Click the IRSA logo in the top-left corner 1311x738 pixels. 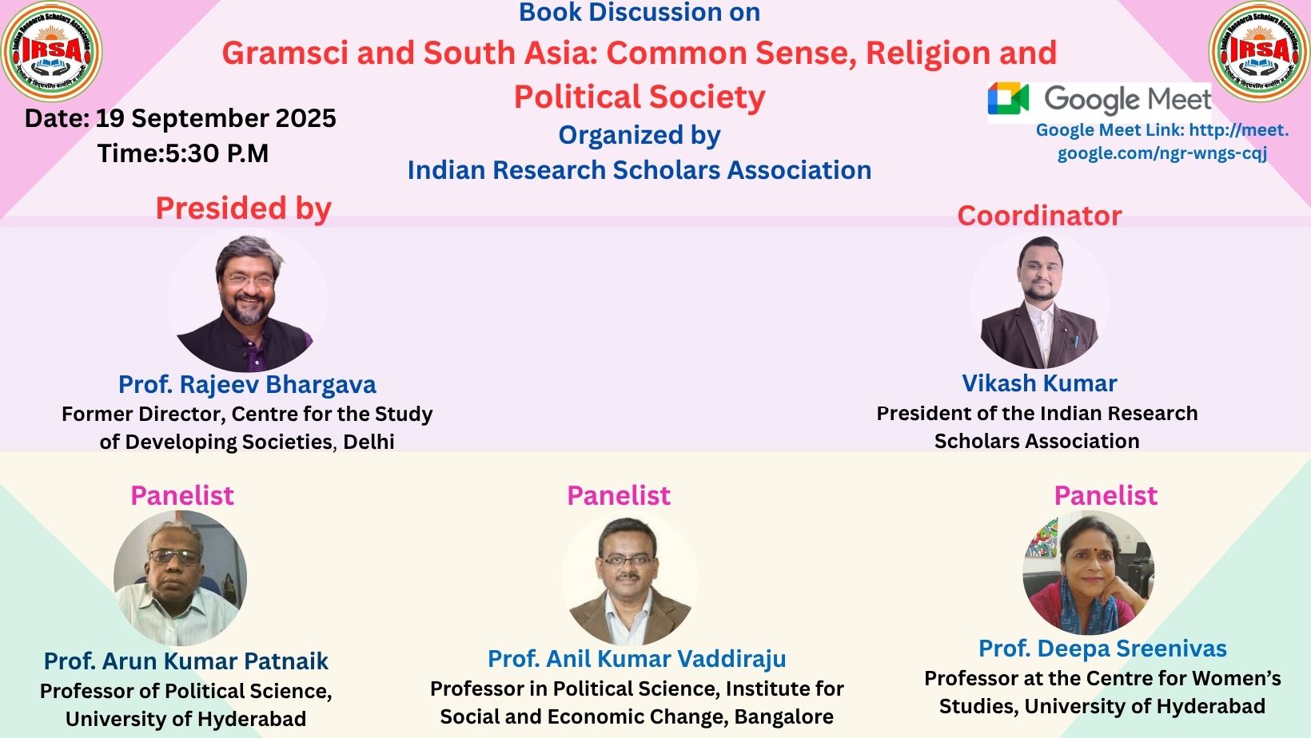coord(52,51)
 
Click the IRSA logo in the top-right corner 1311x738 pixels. coord(1259,51)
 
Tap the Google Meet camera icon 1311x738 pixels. coord(1008,99)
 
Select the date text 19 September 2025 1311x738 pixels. coord(216,118)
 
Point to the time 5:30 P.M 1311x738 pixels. coord(217,153)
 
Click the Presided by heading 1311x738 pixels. coord(243,208)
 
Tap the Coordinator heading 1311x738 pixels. coord(1039,216)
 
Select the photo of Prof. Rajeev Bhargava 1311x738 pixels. coord(247,302)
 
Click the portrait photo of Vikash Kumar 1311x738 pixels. coord(1039,302)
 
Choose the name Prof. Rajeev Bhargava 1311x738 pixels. coord(247,384)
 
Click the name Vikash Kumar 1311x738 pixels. coord(1039,383)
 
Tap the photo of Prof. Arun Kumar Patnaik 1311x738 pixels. coord(181,578)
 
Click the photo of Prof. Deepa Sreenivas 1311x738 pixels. coord(1089,573)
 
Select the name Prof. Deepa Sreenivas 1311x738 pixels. coord(1102,649)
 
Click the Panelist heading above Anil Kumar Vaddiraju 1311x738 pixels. coord(619,496)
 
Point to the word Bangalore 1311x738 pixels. coord(783,716)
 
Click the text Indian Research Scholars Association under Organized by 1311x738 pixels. coord(639,170)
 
